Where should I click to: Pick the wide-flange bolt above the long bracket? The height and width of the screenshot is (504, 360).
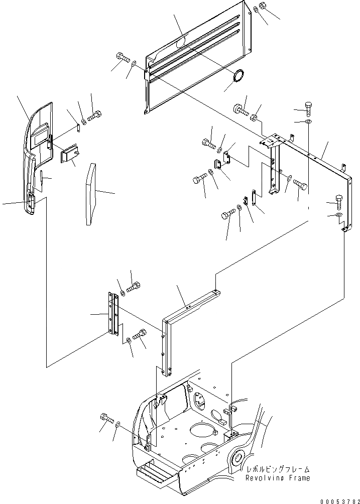(239, 109)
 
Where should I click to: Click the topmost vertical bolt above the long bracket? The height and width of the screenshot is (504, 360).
(309, 106)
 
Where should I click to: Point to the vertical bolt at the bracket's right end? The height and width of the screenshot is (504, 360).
(339, 203)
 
